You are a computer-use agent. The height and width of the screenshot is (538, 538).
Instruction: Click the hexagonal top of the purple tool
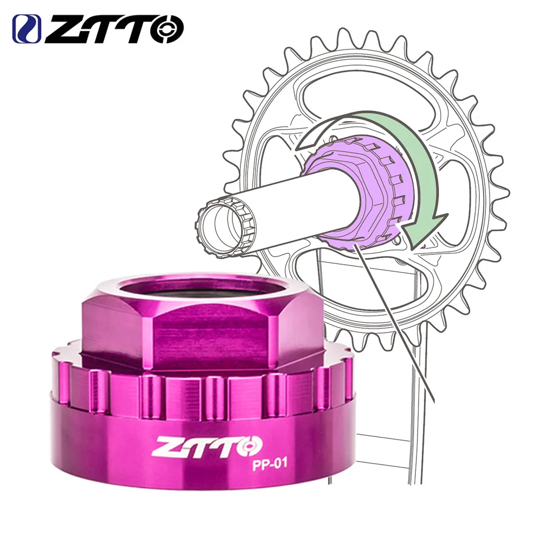(x=199, y=323)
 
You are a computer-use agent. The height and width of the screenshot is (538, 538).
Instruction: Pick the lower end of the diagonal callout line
(x=433, y=401)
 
